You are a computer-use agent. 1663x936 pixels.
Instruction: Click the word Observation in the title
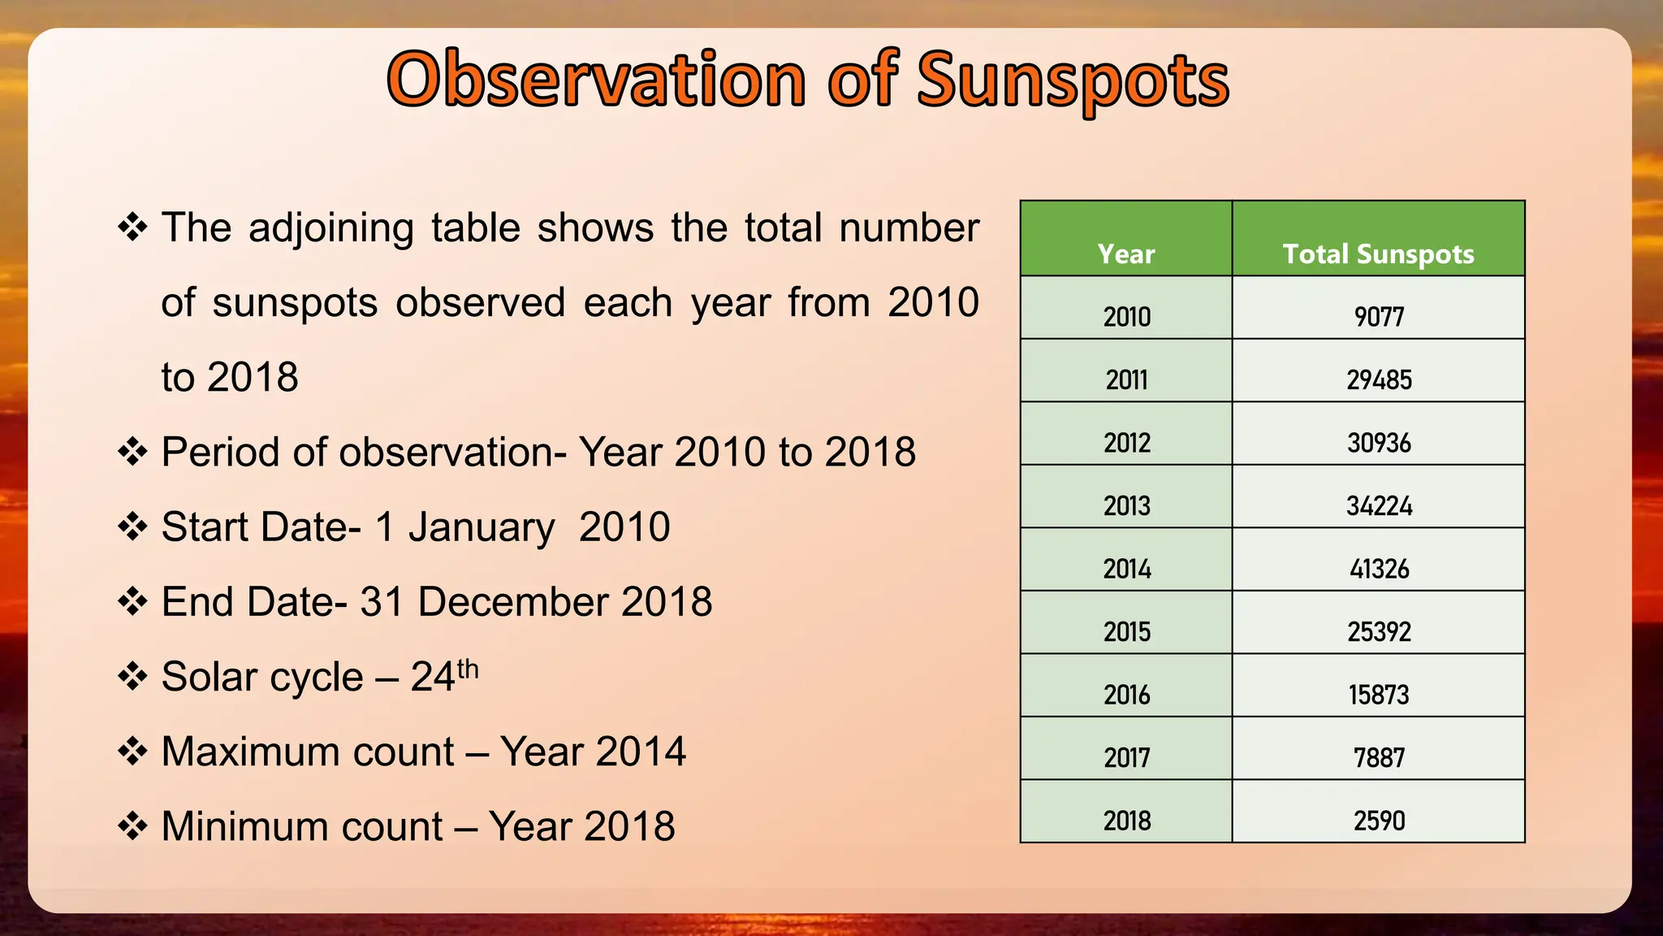tap(597, 80)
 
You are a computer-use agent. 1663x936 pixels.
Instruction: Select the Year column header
tap(1125, 254)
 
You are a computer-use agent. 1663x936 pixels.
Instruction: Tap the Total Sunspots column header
tap(1378, 254)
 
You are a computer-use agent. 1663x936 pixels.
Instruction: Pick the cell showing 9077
tap(1378, 316)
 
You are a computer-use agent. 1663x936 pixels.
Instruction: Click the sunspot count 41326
tap(1378, 569)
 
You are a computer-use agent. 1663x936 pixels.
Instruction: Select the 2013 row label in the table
tap(1126, 505)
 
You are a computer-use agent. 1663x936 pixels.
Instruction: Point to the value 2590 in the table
tap(1378, 821)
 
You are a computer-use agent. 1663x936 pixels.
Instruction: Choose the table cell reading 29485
tap(1378, 379)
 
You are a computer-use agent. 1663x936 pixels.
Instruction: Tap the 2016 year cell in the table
tap(1126, 695)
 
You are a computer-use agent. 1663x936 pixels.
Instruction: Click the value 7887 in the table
tap(1378, 757)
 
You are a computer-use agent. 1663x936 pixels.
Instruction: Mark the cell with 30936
tap(1378, 443)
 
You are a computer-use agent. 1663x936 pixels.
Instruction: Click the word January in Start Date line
tap(482, 527)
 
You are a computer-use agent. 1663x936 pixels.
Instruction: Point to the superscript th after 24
tap(468, 669)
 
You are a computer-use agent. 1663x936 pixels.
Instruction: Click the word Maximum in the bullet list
tap(308, 752)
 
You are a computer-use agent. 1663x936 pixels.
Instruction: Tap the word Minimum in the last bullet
tap(302, 826)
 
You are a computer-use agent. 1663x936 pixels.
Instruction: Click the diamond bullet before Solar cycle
tap(132, 676)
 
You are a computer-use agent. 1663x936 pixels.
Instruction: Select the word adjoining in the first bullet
tap(331, 228)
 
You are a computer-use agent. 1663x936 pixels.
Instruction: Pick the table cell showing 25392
tap(1378, 631)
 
